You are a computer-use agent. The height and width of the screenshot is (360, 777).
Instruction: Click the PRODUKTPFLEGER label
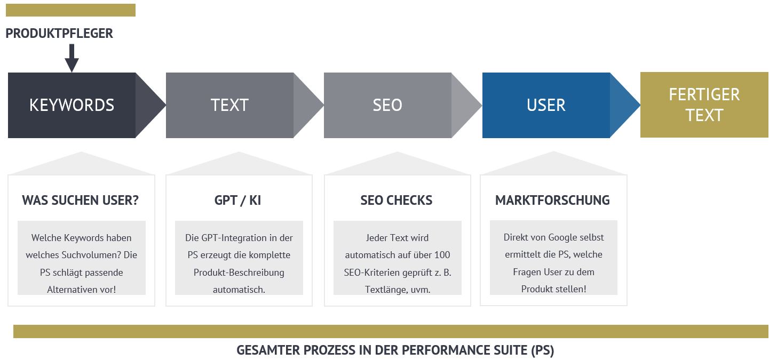tap(59, 33)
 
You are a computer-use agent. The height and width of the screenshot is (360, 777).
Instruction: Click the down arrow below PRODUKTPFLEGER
tap(72, 58)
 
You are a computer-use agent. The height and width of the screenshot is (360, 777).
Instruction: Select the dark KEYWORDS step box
tap(86, 105)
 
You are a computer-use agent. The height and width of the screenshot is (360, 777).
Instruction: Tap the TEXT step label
tap(229, 105)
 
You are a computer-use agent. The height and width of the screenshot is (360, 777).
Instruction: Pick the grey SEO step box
tap(403, 105)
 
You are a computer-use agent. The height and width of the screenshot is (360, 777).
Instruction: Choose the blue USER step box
tap(561, 105)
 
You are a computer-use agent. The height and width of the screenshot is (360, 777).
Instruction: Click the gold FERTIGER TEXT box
tap(704, 105)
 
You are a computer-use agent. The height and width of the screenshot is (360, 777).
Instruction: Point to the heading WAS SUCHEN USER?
tap(81, 200)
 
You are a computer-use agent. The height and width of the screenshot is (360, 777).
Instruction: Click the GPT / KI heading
tap(237, 200)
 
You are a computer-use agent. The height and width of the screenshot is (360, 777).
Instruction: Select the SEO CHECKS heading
tap(397, 200)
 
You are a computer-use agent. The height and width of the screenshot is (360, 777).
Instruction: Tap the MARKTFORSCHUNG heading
tap(552, 200)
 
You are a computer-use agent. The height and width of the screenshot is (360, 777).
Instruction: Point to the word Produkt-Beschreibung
tap(239, 273)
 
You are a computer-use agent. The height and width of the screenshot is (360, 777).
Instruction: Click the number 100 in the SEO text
tap(442, 255)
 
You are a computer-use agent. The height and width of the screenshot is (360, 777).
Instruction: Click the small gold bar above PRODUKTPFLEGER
tap(71, 10)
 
